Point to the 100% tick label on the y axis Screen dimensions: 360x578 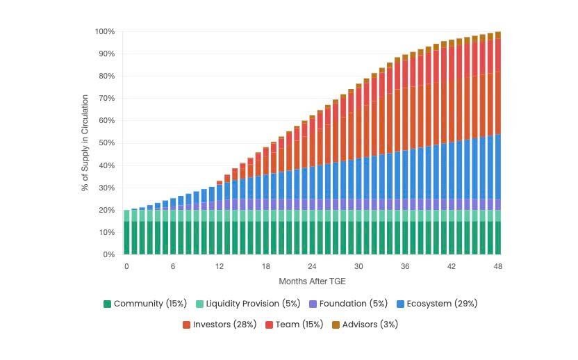105,32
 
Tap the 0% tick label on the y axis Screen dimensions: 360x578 109,254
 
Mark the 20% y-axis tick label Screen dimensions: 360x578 107,210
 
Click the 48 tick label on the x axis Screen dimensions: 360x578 497,267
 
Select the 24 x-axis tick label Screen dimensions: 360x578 313,267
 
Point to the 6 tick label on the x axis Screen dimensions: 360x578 173,267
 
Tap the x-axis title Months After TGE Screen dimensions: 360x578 312,281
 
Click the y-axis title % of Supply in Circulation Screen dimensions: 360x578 85,143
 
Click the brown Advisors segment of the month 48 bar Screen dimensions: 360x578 497,35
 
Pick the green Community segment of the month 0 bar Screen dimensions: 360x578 126,238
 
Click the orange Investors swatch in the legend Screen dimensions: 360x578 186,325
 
